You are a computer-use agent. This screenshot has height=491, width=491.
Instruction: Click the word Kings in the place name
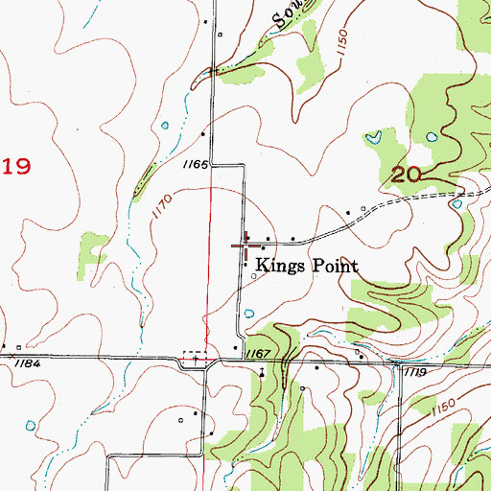277,267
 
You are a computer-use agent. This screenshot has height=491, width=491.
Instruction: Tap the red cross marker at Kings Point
245,245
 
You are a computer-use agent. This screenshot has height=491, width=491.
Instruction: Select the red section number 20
407,174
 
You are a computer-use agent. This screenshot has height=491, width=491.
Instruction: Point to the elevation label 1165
195,165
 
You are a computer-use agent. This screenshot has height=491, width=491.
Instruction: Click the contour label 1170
160,205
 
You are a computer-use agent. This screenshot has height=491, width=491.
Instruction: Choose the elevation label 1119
415,370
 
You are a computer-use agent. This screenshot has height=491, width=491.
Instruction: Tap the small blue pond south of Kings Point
248,311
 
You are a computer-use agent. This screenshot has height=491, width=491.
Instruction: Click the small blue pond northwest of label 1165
167,125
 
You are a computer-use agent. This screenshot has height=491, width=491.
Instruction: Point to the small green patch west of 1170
93,246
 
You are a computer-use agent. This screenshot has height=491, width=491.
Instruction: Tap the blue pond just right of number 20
457,202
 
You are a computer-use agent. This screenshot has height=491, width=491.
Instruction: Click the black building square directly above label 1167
236,347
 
